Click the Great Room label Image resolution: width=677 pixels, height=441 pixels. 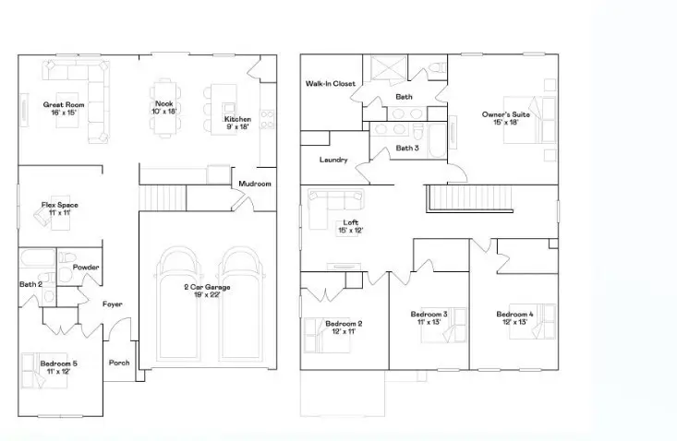64,105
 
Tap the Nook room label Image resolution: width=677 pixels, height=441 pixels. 164,103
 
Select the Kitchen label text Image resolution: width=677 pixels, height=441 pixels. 237,120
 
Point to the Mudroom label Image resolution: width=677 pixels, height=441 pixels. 255,184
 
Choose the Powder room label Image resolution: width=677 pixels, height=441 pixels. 86,268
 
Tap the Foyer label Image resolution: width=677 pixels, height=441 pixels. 113,304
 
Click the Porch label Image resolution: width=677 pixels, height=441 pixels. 119,363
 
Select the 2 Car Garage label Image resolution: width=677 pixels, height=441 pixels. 206,288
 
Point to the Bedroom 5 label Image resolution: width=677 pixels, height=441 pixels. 58,364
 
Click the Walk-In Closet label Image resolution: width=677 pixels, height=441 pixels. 331,84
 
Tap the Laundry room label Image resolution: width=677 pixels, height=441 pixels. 332,160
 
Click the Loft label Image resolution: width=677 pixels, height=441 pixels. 349,222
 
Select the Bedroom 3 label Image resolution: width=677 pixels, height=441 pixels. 429,315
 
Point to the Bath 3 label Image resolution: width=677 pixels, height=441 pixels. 407,148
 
